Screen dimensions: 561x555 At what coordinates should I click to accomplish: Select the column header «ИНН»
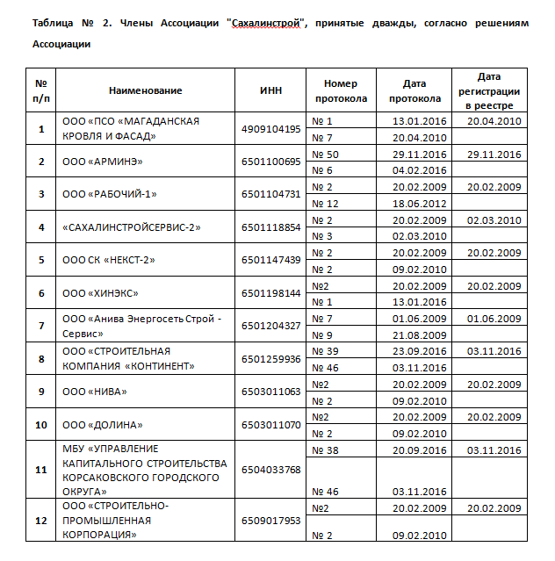pos(270,90)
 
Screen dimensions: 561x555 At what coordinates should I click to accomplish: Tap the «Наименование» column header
pos(146,90)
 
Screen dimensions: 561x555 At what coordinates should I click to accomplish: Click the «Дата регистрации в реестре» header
pos(489,90)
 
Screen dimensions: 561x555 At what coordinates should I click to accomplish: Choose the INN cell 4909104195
pos(270,129)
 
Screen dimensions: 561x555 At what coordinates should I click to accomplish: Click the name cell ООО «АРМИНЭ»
pos(103,162)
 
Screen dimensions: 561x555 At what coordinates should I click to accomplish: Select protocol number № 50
pos(327,154)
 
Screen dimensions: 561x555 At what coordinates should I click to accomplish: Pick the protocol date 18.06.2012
pos(419,203)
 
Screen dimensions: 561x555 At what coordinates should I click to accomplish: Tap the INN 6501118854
pos(270,227)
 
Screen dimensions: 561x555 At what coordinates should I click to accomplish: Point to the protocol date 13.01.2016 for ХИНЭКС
pos(419,302)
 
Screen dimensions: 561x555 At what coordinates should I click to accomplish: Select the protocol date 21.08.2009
pos(419,334)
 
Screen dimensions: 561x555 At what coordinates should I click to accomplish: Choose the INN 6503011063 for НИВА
pos(270,392)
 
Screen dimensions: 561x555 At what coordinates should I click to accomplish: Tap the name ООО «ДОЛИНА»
pos(104,424)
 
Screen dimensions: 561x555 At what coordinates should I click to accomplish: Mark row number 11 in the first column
pos(40,470)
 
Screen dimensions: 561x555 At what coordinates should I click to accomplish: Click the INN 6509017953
pos(270,521)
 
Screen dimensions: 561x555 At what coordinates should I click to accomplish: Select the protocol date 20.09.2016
pos(419,450)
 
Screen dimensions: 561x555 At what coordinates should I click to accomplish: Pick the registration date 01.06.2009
pos(494,318)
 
